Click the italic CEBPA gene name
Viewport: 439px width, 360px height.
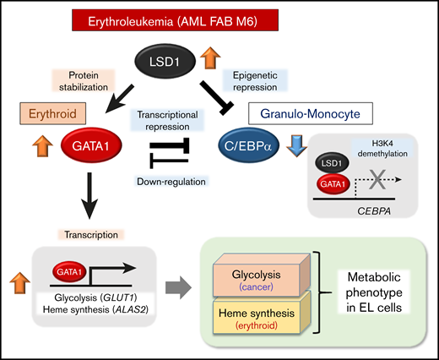pyautogui.click(x=371, y=215)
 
